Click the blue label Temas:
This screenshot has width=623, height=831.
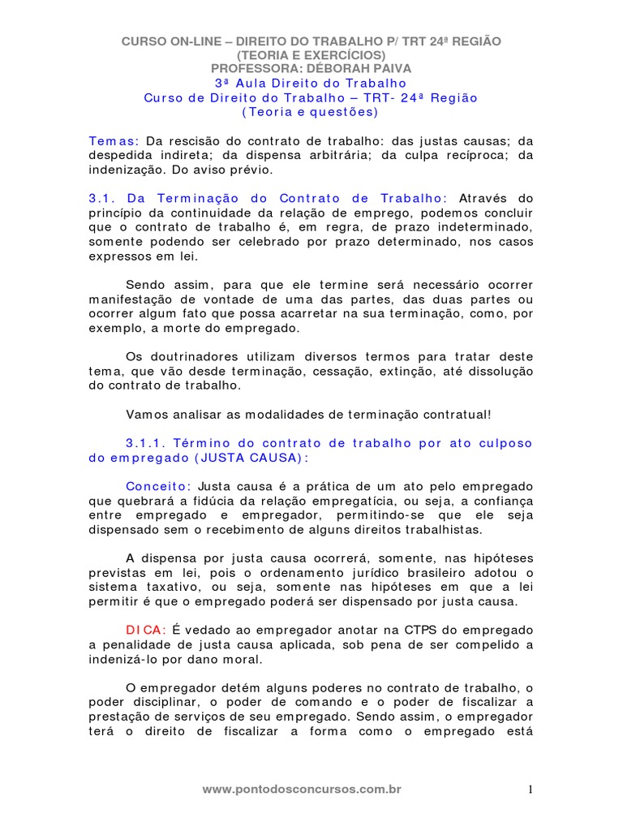(x=114, y=141)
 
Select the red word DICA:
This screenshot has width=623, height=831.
(x=147, y=630)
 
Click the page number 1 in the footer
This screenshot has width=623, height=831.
(x=530, y=790)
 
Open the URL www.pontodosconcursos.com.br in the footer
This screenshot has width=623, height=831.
(x=302, y=789)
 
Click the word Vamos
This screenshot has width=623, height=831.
(x=144, y=414)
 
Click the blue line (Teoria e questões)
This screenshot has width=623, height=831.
(x=311, y=112)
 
